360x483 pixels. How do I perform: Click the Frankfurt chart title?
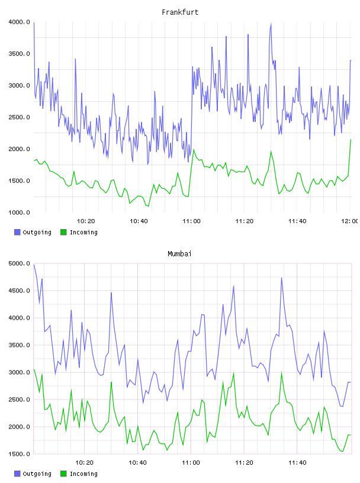(x=180, y=12)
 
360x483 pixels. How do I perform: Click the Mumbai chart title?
(x=179, y=254)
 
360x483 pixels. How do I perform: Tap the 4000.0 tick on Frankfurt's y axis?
(x=20, y=22)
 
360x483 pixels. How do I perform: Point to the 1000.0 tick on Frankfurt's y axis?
(x=20, y=212)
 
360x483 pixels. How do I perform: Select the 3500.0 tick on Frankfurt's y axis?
(x=20, y=54)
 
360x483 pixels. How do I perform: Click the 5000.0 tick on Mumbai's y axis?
(x=20, y=263)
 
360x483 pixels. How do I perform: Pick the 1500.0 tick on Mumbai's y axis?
(x=20, y=454)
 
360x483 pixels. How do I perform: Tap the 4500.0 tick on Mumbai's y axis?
(x=20, y=291)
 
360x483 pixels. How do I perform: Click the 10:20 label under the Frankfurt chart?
(x=86, y=221)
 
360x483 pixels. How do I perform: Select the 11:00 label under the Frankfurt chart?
(x=191, y=221)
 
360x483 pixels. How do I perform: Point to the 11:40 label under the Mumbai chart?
(x=297, y=463)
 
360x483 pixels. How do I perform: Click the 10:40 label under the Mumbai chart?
(x=137, y=463)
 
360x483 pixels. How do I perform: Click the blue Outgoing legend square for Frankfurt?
(x=17, y=232)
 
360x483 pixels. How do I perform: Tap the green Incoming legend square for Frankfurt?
(x=63, y=232)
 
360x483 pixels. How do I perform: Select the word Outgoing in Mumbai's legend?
(x=37, y=474)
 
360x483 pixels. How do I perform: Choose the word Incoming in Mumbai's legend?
(x=83, y=474)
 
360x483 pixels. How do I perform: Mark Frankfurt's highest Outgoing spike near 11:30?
(x=271, y=24)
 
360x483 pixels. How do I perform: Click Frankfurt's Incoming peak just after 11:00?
(x=194, y=150)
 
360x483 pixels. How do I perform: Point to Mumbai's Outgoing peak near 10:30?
(x=111, y=293)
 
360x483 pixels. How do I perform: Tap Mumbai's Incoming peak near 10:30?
(x=111, y=382)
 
